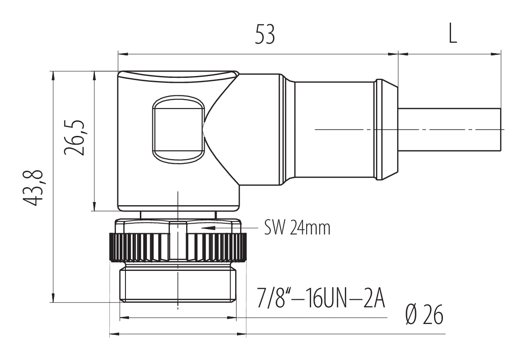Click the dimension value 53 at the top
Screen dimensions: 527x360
coord(265,34)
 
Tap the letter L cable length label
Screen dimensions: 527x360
coord(453,34)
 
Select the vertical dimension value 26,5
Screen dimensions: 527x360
coord(74,137)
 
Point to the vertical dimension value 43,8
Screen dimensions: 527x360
coord(33,187)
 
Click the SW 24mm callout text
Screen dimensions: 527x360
coord(297,228)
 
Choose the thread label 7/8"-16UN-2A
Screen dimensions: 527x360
coord(321,297)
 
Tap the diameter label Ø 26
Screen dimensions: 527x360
coord(424,315)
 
